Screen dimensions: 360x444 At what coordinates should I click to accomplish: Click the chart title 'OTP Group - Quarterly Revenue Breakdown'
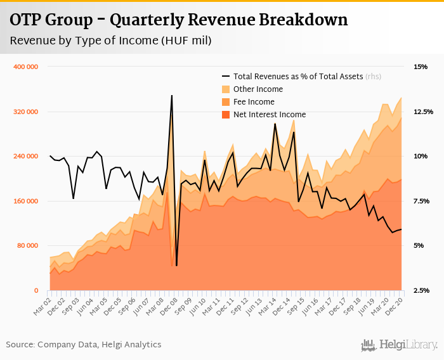click(x=178, y=20)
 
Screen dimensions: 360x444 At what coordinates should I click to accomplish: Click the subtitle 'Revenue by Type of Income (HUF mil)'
click(x=110, y=41)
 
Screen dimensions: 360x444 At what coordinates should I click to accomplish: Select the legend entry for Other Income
click(x=258, y=89)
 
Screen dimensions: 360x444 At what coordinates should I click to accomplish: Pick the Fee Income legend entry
click(x=254, y=102)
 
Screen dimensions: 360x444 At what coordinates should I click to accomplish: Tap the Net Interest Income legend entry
click(x=270, y=115)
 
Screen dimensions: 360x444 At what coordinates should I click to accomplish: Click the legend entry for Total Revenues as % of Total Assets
click(x=298, y=76)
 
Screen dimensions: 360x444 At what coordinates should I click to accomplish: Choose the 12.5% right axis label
click(x=422, y=112)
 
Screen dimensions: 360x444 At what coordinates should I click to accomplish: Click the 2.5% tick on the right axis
click(x=422, y=290)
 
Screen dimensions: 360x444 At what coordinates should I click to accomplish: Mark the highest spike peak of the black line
click(x=172, y=96)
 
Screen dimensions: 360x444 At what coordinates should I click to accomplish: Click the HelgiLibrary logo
click(x=400, y=345)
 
